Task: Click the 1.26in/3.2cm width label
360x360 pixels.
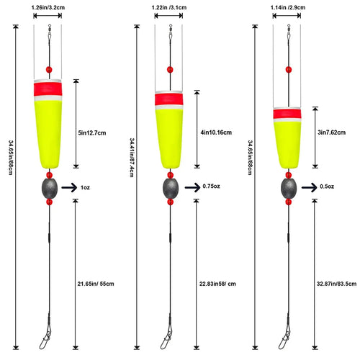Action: (x=48, y=7)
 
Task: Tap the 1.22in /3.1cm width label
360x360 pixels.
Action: (x=169, y=7)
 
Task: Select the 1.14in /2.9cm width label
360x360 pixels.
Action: (x=288, y=7)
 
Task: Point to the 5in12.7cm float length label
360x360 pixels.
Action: (x=92, y=133)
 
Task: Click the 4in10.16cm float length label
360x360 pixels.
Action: (x=216, y=132)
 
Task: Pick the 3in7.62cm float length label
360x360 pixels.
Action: (x=332, y=132)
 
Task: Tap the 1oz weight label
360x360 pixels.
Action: (x=85, y=188)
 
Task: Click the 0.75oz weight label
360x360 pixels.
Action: (x=211, y=186)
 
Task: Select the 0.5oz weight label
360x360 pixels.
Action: (x=327, y=186)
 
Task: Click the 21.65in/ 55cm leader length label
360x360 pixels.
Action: (x=96, y=284)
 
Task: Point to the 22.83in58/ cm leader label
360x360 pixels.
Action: (x=217, y=284)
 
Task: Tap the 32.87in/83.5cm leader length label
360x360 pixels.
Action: (x=336, y=284)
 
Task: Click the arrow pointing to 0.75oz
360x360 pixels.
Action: (x=192, y=187)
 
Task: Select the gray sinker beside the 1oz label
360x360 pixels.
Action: (x=50, y=189)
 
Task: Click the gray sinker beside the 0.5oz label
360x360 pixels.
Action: (x=289, y=189)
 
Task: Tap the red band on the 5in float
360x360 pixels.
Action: (x=48, y=89)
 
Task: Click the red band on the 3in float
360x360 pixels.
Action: (x=287, y=114)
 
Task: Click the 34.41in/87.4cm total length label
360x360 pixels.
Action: (x=132, y=158)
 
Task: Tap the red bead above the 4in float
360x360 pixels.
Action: (x=170, y=70)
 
